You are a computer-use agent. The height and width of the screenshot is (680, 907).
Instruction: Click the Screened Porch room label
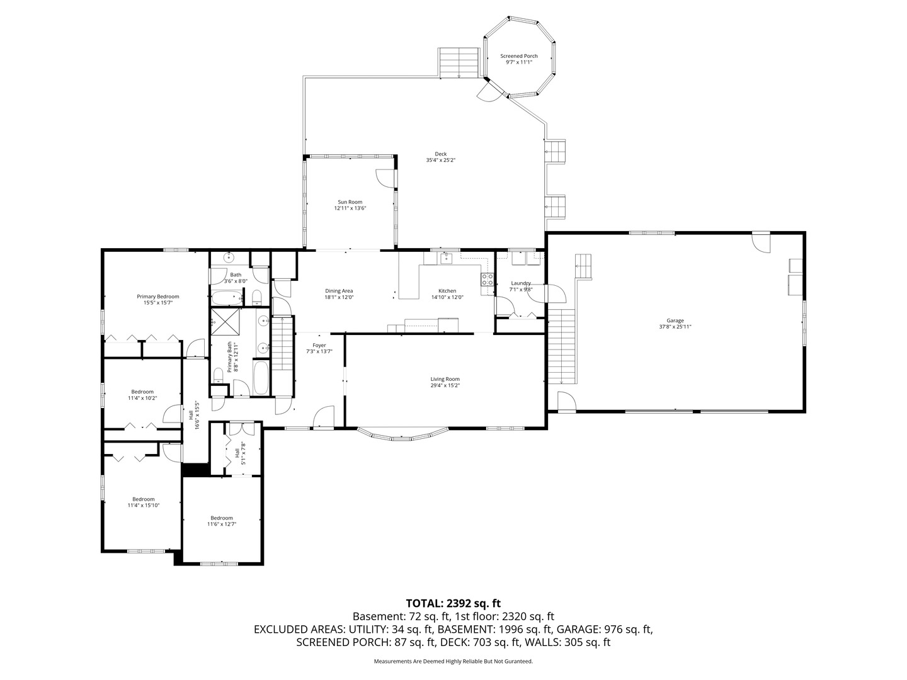tap(519, 56)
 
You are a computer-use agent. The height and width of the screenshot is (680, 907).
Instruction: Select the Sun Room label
tap(350, 202)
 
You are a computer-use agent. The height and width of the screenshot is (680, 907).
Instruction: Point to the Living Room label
tap(445, 379)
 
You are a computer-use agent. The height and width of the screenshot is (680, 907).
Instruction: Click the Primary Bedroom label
tap(158, 297)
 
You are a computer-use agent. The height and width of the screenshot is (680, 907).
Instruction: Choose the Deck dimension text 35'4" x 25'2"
tap(440, 160)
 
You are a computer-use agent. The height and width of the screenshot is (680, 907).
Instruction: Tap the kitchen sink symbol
tap(447, 257)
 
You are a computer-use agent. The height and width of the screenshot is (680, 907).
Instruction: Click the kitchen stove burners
tap(488, 279)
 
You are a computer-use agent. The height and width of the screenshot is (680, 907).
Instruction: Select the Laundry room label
tap(521, 283)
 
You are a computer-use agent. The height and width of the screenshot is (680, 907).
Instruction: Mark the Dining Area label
tap(339, 291)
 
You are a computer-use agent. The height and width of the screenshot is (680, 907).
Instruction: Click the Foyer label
tap(319, 345)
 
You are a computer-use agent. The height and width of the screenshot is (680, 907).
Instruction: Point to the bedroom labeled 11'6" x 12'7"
tap(222, 518)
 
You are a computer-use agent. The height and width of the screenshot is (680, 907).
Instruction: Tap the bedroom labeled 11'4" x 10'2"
tap(142, 392)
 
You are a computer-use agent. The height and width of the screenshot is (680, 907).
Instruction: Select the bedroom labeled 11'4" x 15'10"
tap(143, 499)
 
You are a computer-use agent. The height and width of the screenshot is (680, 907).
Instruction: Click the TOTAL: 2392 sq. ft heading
tap(453, 603)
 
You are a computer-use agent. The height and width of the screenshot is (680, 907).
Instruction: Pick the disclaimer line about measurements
tap(453, 661)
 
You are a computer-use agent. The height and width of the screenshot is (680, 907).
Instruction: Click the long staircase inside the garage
tap(562, 346)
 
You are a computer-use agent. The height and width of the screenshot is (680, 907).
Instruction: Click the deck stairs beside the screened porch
tap(459, 62)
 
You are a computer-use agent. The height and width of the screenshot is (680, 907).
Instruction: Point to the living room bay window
tap(403, 434)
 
